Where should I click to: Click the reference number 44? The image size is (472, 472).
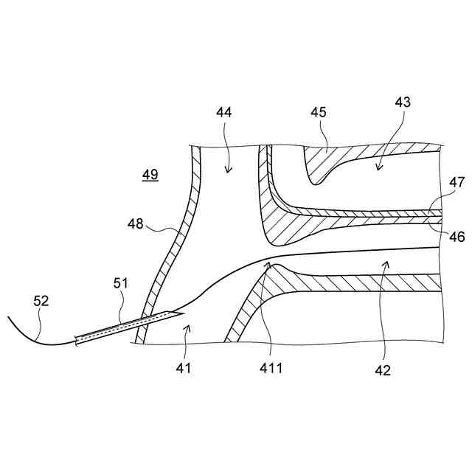pyautogui.click(x=224, y=113)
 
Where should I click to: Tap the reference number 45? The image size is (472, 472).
pyautogui.click(x=319, y=113)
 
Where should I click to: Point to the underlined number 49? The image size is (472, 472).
pyautogui.click(x=150, y=175)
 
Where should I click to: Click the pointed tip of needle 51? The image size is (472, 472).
pyautogui.click(x=181, y=313)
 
